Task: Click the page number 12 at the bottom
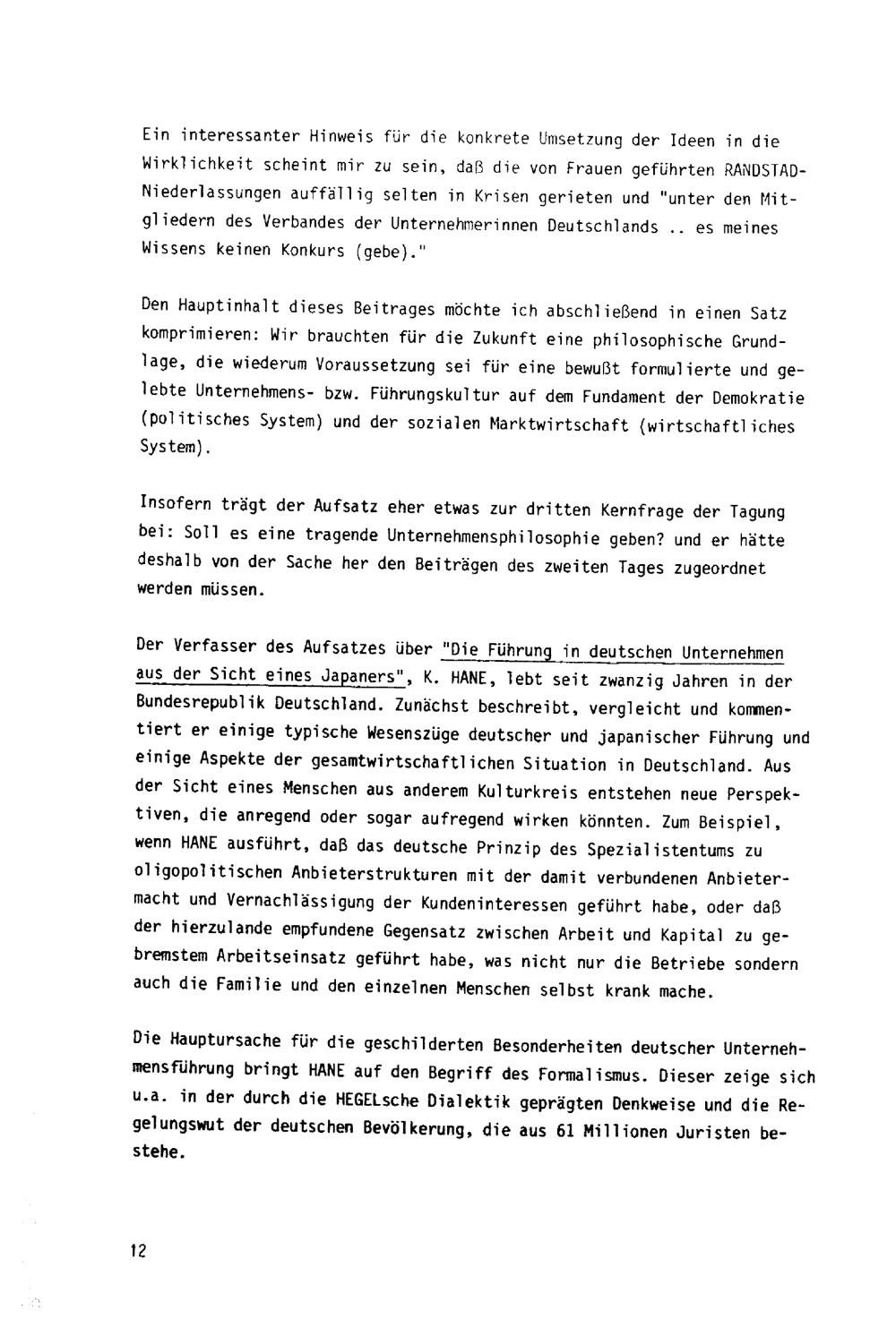coord(137,1251)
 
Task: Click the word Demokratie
coord(761,398)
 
